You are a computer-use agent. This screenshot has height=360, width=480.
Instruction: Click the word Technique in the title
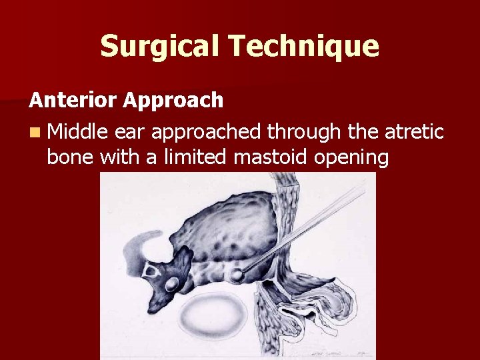click(x=303, y=46)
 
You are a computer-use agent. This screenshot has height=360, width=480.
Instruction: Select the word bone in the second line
click(x=70, y=159)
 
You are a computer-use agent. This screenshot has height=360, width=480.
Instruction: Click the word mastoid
click(x=267, y=159)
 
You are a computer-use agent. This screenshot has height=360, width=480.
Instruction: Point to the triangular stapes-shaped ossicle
click(x=149, y=271)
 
